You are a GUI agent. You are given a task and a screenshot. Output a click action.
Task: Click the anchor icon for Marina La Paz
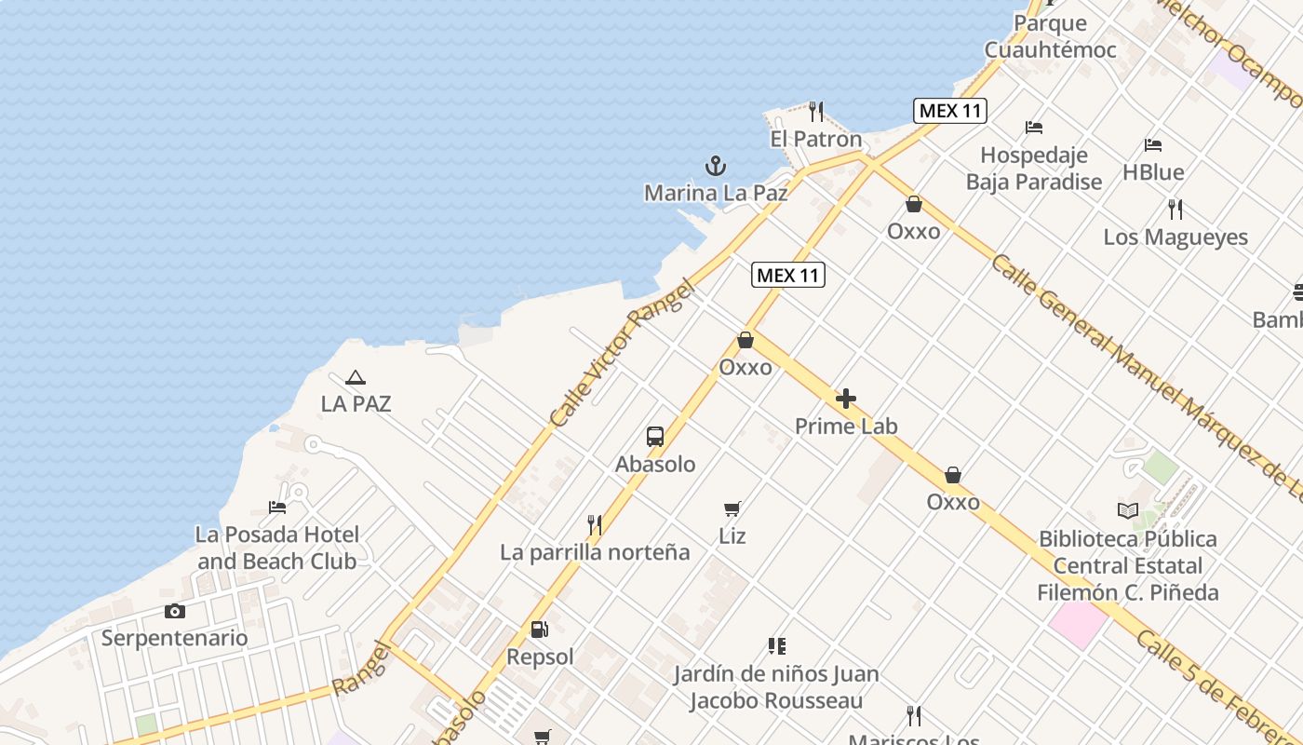click(x=715, y=167)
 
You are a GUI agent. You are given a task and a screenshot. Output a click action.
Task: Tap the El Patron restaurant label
click(x=815, y=140)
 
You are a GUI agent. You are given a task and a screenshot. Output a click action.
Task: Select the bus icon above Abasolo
click(x=655, y=437)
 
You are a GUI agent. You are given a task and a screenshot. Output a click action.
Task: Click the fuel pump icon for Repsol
click(x=539, y=630)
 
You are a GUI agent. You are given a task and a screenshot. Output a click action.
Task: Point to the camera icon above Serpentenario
click(x=174, y=611)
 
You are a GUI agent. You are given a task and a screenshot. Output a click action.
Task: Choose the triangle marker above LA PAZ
click(x=355, y=378)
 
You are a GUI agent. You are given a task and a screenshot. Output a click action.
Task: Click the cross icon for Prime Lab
click(x=845, y=400)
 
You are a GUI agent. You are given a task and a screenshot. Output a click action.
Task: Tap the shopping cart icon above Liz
click(x=732, y=508)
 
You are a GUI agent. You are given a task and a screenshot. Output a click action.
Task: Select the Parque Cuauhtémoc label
click(x=1050, y=36)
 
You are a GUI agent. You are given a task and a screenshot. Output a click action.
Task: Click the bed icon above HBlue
click(x=1153, y=145)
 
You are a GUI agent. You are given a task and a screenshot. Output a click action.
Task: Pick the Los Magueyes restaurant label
click(x=1175, y=237)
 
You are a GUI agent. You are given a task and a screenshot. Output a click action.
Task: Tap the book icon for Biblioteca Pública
click(x=1128, y=510)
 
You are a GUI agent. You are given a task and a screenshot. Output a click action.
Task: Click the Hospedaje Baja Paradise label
click(x=1033, y=168)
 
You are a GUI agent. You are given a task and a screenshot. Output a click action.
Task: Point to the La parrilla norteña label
click(x=595, y=552)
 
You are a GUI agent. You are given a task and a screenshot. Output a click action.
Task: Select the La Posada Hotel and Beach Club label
click(x=276, y=548)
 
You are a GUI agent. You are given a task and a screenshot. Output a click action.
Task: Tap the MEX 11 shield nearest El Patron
click(x=949, y=111)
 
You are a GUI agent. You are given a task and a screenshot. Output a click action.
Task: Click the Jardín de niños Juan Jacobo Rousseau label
click(x=776, y=686)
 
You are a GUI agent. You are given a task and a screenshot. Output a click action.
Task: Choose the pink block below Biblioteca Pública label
click(x=1080, y=623)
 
